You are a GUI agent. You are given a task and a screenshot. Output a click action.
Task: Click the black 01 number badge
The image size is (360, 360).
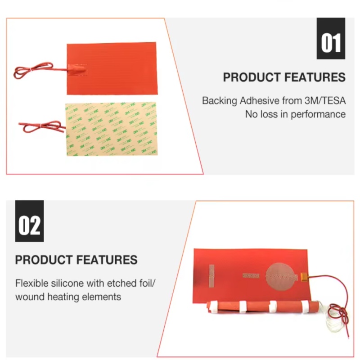(331, 39)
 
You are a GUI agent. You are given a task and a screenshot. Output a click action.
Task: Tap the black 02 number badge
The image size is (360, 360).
(29, 221)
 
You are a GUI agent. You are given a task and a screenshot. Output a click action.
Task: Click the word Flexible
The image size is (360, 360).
(31, 283)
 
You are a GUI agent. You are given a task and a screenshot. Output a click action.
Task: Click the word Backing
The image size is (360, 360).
(219, 100)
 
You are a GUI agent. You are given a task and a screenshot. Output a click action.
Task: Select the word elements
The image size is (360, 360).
(104, 297)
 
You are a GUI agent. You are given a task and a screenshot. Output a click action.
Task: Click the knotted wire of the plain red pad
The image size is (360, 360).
(31, 70)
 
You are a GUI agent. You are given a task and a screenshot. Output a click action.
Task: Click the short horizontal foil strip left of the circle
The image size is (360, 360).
(251, 275)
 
